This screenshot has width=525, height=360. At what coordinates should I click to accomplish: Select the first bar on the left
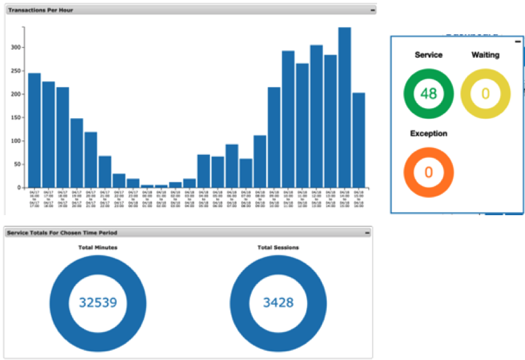click(x=34, y=130)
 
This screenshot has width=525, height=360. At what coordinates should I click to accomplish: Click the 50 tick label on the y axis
click(x=17, y=164)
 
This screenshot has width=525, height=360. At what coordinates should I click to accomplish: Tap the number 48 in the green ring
click(x=429, y=94)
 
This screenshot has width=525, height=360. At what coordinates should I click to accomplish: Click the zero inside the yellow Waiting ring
click(x=486, y=94)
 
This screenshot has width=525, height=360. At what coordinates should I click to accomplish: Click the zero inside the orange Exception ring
click(x=429, y=172)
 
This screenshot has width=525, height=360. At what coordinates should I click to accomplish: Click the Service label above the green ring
click(x=429, y=55)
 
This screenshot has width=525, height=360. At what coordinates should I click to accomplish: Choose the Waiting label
click(x=485, y=55)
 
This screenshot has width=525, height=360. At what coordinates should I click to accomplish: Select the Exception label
click(x=429, y=133)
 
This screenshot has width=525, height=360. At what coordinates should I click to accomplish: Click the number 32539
click(x=98, y=303)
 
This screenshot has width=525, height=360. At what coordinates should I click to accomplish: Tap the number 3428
click(x=278, y=303)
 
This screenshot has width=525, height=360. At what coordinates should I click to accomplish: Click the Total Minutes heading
click(x=98, y=247)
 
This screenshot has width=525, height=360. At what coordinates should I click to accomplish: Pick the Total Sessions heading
click(x=278, y=247)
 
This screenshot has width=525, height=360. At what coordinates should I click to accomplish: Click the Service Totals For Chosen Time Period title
click(x=62, y=233)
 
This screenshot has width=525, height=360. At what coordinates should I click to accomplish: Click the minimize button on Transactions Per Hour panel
click(x=372, y=10)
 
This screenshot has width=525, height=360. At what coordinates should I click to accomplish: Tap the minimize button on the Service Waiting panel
click(x=517, y=41)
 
